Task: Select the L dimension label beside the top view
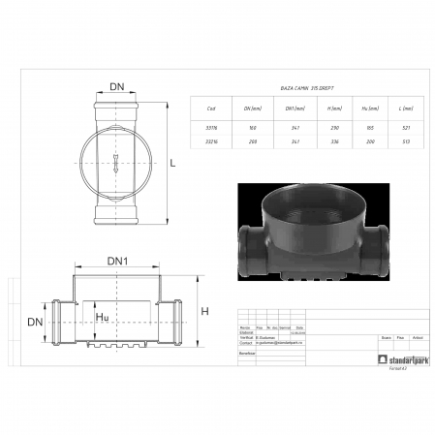[x=172, y=164]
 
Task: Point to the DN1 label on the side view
[x=117, y=262]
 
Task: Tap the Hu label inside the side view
[x=103, y=317]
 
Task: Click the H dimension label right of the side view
[x=203, y=310]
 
